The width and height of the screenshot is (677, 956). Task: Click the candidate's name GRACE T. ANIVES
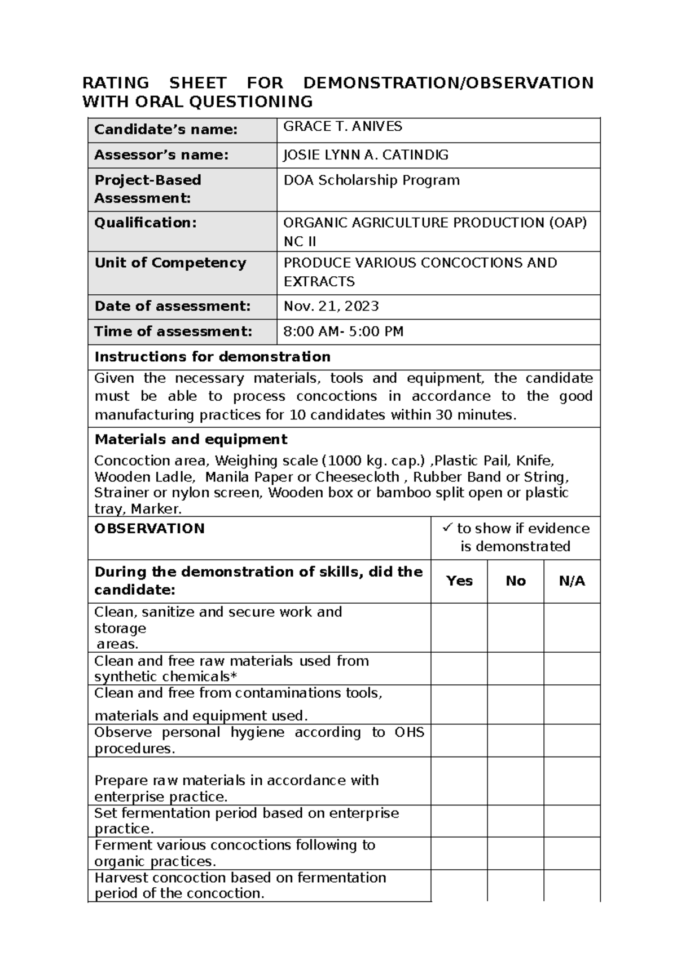(342, 127)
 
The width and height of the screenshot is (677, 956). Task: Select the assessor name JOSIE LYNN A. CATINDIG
(366, 155)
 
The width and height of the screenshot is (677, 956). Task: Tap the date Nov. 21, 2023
(331, 306)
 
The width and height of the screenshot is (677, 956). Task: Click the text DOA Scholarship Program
(371, 180)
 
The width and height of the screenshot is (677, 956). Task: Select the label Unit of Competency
(170, 263)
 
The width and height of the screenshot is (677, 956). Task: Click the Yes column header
(459, 581)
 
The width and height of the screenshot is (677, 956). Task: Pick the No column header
(516, 581)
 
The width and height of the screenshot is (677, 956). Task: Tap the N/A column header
(572, 581)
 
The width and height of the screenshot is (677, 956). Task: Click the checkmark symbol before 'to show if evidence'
(448, 528)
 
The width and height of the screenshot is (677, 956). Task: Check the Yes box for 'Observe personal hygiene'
(459, 740)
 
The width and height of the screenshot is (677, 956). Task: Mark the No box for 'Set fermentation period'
(516, 821)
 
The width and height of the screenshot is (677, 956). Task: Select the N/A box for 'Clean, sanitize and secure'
(572, 627)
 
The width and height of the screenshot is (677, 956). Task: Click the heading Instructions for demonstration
(212, 357)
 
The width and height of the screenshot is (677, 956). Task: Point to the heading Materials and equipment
(191, 439)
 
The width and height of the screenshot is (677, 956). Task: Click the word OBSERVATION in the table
(150, 529)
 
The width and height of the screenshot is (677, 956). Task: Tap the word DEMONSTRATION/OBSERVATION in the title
(448, 83)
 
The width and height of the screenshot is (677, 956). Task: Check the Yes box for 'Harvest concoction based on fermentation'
(459, 885)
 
